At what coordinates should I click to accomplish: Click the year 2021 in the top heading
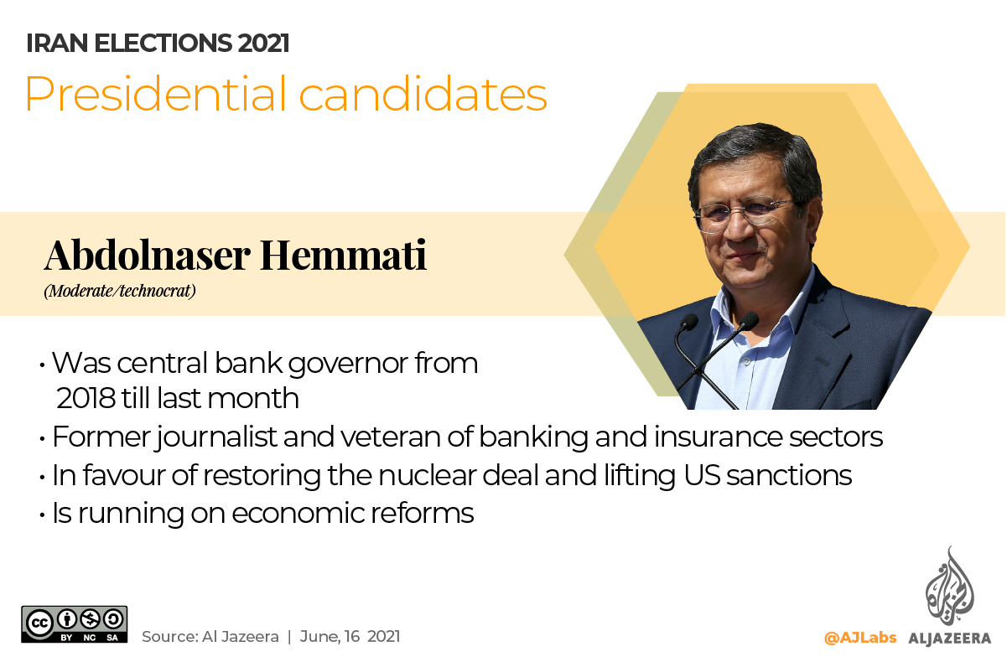263,44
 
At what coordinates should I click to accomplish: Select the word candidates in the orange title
423,94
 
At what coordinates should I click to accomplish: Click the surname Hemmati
344,255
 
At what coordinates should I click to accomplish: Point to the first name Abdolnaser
147,255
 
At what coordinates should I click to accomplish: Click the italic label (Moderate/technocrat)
120,291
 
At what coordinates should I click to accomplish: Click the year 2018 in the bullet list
86,398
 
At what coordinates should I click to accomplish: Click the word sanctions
789,475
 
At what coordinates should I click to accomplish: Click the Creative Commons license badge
74,624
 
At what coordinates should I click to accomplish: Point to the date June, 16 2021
350,636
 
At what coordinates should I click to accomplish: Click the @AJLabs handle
860,638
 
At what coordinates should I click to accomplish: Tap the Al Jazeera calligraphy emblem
950,586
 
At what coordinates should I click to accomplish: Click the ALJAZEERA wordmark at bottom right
949,638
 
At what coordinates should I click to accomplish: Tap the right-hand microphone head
748,321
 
